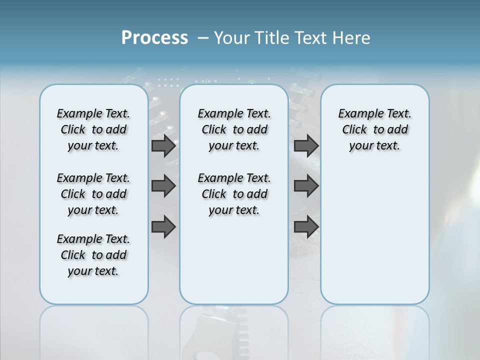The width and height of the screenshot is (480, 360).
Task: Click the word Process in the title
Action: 154,38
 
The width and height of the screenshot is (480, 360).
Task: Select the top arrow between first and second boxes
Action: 163,146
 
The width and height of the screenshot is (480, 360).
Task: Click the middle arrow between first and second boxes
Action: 163,186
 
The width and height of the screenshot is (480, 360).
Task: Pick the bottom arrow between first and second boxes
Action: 163,227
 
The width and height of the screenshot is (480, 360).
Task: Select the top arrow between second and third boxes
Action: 306,146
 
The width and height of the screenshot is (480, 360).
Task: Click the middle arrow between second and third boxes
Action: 306,186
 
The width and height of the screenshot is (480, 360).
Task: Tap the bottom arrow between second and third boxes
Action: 306,227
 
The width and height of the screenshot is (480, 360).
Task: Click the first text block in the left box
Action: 93,129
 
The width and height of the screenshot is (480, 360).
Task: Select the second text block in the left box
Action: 93,194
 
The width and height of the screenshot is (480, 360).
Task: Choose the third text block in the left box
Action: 93,255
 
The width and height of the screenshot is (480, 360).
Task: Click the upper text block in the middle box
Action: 234,129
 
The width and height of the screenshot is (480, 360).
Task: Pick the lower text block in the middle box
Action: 234,194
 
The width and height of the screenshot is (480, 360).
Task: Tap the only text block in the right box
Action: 374,129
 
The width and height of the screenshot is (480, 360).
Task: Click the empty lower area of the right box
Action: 374,240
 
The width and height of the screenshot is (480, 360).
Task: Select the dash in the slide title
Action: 203,38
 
